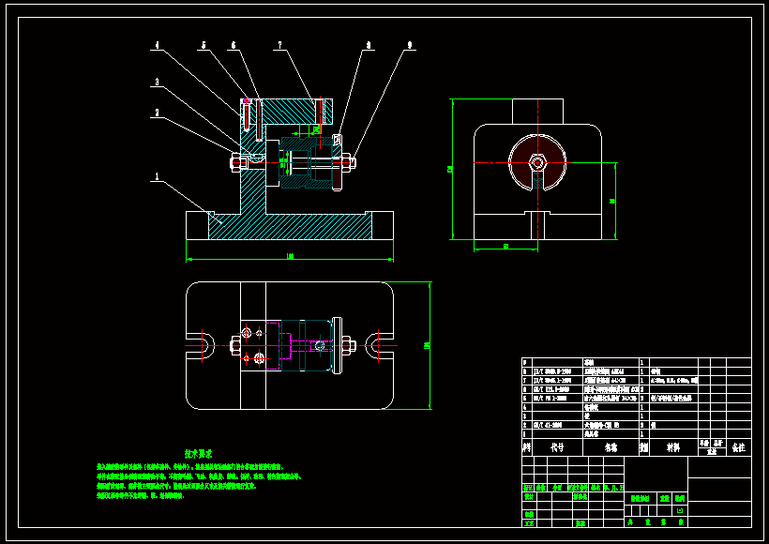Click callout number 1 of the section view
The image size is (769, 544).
coord(157,174)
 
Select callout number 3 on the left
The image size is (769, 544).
coord(157,83)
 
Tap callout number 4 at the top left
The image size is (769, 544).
coord(157,44)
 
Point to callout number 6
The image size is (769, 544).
coord(233,44)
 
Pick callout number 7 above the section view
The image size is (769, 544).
coord(279,44)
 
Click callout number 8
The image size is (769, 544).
coord(369,44)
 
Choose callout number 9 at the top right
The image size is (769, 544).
coord(409,44)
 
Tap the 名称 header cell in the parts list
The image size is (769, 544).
coord(611,448)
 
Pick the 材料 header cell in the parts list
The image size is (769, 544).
coord(673,448)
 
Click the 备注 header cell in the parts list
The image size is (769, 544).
coord(739,448)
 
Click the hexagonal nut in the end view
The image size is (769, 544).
coord(536,162)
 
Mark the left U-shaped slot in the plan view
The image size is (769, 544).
coord(200,344)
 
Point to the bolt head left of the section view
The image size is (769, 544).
coord(232,163)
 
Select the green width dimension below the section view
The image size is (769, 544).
coord(289,256)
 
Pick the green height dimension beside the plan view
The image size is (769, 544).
coord(427,345)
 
